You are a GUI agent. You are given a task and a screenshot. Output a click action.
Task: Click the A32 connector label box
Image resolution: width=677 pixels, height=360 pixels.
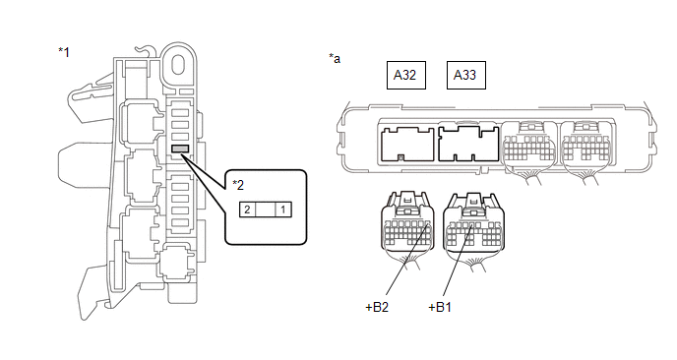click(405, 75)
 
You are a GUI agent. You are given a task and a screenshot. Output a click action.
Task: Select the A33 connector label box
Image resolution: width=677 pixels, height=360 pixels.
click(465, 75)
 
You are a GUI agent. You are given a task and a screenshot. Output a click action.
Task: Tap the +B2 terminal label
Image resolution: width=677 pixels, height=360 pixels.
click(377, 307)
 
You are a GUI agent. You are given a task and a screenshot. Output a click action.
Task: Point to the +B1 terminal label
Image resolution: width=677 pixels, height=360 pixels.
click(440, 307)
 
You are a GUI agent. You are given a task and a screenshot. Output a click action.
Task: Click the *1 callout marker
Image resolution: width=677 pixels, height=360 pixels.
click(64, 52)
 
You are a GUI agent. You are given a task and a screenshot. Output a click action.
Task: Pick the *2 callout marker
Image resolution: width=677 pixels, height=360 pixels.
click(238, 185)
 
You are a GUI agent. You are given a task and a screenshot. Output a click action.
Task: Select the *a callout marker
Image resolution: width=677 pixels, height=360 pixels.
click(335, 58)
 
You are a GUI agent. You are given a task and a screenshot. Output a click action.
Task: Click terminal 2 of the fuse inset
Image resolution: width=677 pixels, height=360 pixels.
click(247, 210)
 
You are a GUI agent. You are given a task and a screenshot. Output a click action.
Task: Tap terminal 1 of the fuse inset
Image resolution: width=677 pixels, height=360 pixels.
click(283, 210)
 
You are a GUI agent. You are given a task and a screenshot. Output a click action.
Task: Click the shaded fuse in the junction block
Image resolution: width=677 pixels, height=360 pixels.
click(180, 149)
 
